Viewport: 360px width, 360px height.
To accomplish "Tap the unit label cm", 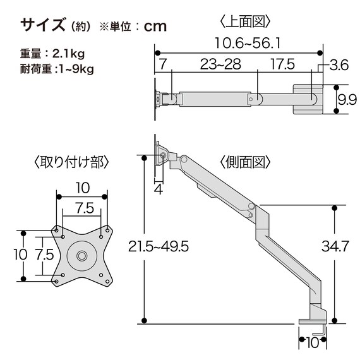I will [x=155, y=27].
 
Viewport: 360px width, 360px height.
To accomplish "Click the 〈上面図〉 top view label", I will [x=246, y=21].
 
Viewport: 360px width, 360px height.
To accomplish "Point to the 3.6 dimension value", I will [x=339, y=64].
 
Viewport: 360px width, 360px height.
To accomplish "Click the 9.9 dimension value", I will [x=345, y=99].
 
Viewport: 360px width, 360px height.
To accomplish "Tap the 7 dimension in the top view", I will [x=162, y=64].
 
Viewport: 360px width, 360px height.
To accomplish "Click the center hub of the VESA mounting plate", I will [x=82, y=255].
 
